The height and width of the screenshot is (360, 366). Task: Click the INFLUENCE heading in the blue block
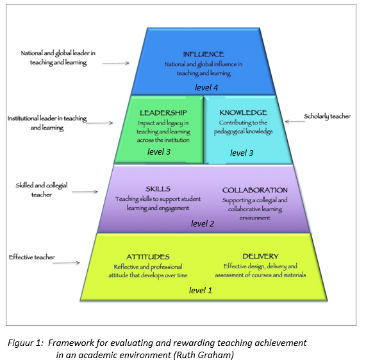(x=203, y=54)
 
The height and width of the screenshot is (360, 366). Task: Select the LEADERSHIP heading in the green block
(x=163, y=113)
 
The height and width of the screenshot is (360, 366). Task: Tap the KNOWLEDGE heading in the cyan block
(x=243, y=112)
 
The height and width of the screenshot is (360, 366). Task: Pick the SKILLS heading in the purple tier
(x=158, y=189)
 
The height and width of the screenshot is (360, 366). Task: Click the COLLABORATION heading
(x=255, y=190)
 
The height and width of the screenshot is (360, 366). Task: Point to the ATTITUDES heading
(x=148, y=257)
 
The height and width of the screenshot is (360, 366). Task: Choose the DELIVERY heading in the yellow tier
(x=260, y=256)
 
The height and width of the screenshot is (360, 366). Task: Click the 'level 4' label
(x=206, y=88)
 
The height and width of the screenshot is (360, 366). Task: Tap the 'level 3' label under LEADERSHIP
(x=159, y=152)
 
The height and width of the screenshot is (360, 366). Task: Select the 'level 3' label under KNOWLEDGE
(x=242, y=153)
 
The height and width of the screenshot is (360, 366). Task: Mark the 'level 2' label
(x=203, y=223)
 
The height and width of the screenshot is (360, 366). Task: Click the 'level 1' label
(x=201, y=291)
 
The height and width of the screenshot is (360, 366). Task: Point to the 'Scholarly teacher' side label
(x=328, y=116)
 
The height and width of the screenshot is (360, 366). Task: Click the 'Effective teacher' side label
(x=32, y=257)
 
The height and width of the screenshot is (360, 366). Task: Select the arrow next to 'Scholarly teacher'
(x=295, y=121)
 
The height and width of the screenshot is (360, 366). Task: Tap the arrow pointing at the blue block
(x=116, y=63)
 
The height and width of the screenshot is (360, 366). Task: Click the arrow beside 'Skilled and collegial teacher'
(x=85, y=192)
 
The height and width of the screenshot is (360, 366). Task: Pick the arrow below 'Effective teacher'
(x=67, y=263)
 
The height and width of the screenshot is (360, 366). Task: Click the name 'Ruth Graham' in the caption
(x=204, y=355)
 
